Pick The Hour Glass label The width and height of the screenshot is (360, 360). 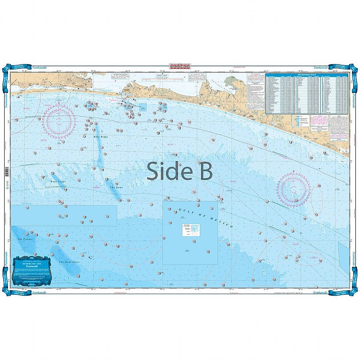[x=69, y=262]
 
